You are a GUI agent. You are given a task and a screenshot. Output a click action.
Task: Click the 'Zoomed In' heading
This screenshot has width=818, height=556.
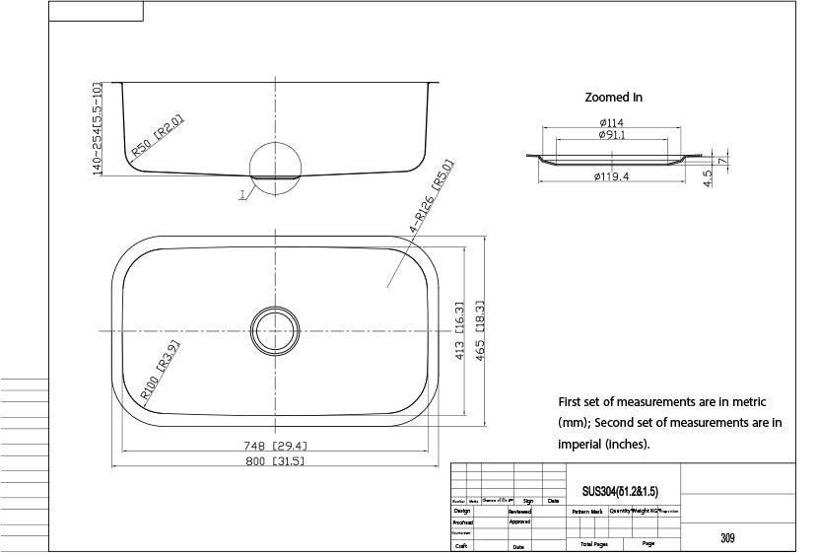click(x=613, y=98)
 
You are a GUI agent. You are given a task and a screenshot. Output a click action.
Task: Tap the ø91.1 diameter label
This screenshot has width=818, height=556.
click(x=612, y=135)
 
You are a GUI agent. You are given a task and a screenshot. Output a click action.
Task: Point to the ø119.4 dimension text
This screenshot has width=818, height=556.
click(x=612, y=176)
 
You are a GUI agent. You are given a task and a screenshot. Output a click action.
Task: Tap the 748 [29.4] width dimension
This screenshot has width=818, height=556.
click(x=273, y=445)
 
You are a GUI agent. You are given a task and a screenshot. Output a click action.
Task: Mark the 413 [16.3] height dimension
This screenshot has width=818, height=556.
click(x=460, y=331)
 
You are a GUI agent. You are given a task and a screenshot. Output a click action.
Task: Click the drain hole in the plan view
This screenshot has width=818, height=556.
click(x=275, y=329)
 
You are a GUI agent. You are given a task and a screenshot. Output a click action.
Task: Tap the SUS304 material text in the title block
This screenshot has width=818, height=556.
click(x=619, y=490)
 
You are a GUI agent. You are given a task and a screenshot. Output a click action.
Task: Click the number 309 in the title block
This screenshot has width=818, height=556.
click(x=726, y=538)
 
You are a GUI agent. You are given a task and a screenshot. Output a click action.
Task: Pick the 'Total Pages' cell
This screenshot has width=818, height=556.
click(x=593, y=543)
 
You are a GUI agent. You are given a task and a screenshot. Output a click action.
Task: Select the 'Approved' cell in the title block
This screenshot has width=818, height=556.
click(x=519, y=522)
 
